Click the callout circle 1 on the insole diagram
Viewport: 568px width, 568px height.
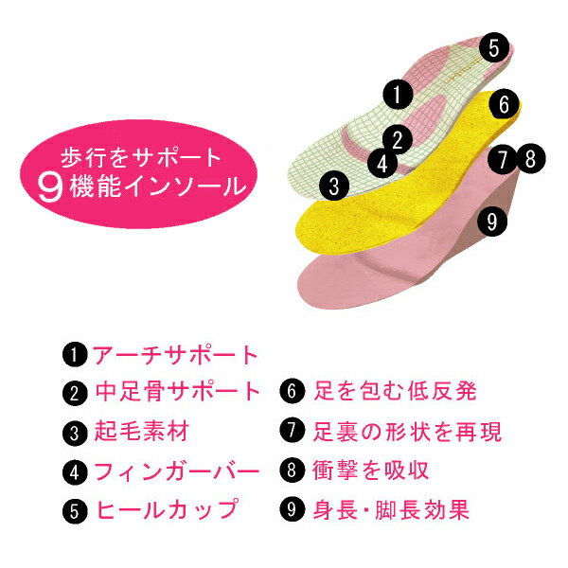(398, 93)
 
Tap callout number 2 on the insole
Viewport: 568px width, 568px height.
(399, 140)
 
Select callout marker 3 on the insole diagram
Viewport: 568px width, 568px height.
(330, 185)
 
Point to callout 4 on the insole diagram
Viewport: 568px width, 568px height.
(382, 163)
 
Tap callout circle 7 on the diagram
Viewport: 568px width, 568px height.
(508, 156)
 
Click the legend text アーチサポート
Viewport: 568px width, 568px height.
(174, 355)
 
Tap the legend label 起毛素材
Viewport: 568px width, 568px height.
(142, 433)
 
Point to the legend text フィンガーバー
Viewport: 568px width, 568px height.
(176, 470)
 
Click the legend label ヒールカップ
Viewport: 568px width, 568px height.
(165, 509)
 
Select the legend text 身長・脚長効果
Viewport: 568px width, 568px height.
(390, 509)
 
